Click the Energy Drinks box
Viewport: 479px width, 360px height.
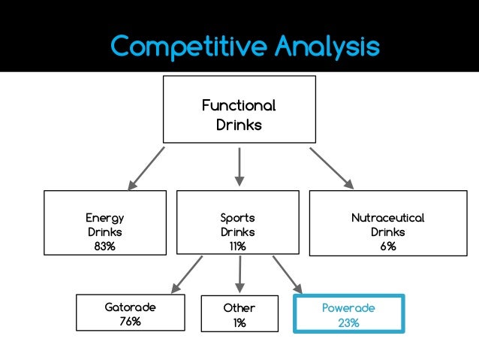pos(105,222)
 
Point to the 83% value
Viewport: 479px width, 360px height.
pos(105,247)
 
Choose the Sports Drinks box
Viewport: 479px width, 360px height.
pos(238,222)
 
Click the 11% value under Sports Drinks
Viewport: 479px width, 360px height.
pos(238,247)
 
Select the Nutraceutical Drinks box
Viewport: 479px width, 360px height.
pos(387,222)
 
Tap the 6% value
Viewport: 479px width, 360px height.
pos(387,247)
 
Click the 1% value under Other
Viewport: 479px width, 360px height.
pos(239,323)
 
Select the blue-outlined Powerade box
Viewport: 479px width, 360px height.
pos(349,313)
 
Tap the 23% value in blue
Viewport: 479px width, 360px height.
pos(349,323)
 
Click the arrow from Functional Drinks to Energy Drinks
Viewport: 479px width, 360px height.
pos(146,167)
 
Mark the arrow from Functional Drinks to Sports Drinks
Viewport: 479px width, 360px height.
pos(239,165)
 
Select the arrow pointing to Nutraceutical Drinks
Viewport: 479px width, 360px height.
pos(331,167)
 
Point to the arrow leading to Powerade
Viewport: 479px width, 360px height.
pos(288,274)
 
